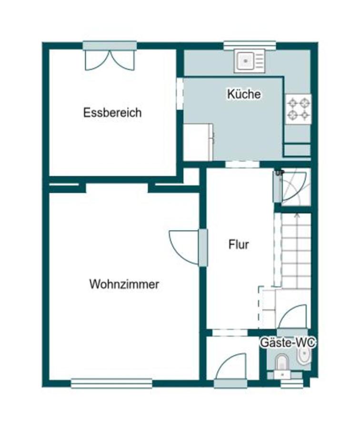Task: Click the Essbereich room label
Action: point(112,113)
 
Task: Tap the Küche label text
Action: point(244,94)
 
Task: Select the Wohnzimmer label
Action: point(124,285)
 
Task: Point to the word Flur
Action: point(238,245)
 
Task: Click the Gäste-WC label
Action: point(288,342)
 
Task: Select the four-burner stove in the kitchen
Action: point(298,108)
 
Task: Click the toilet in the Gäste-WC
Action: point(281,363)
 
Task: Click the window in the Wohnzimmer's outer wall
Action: point(111,383)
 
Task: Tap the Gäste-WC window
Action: point(291,383)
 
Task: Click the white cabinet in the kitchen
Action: point(198,142)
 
